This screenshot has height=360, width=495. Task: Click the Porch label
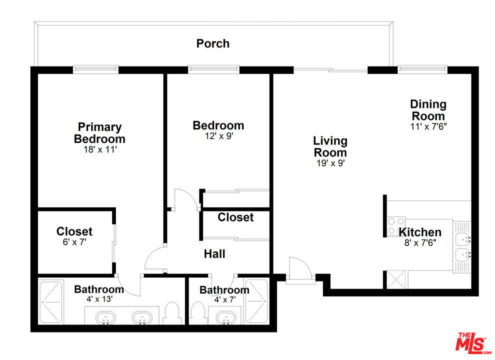pos(213,43)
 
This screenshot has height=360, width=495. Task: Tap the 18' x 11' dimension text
pos(100,149)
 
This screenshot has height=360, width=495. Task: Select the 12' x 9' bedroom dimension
pos(219,136)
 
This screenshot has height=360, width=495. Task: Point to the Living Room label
pos(330,146)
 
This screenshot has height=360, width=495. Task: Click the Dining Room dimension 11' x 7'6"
pos(428,126)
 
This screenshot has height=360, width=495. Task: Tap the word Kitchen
pos(420,232)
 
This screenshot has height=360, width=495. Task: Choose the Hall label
pos(214,254)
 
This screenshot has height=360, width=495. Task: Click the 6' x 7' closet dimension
pos(74,242)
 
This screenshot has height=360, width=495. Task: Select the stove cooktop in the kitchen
pos(396,226)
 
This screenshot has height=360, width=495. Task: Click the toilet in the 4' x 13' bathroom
pos(172,313)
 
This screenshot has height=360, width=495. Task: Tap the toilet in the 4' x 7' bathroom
pos(198,313)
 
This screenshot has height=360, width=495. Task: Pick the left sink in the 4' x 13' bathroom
pos(106,317)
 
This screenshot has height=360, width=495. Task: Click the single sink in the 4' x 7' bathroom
pos(226,317)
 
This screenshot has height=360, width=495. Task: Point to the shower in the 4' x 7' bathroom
pos(256,301)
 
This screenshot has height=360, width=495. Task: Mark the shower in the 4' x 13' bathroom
pos(51,302)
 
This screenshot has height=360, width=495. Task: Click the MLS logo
pos(473,342)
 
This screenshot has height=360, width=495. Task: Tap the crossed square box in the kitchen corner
pos(396,279)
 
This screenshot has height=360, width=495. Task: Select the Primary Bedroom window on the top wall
pos(95,69)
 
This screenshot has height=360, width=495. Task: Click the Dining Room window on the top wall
pos(422,69)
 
